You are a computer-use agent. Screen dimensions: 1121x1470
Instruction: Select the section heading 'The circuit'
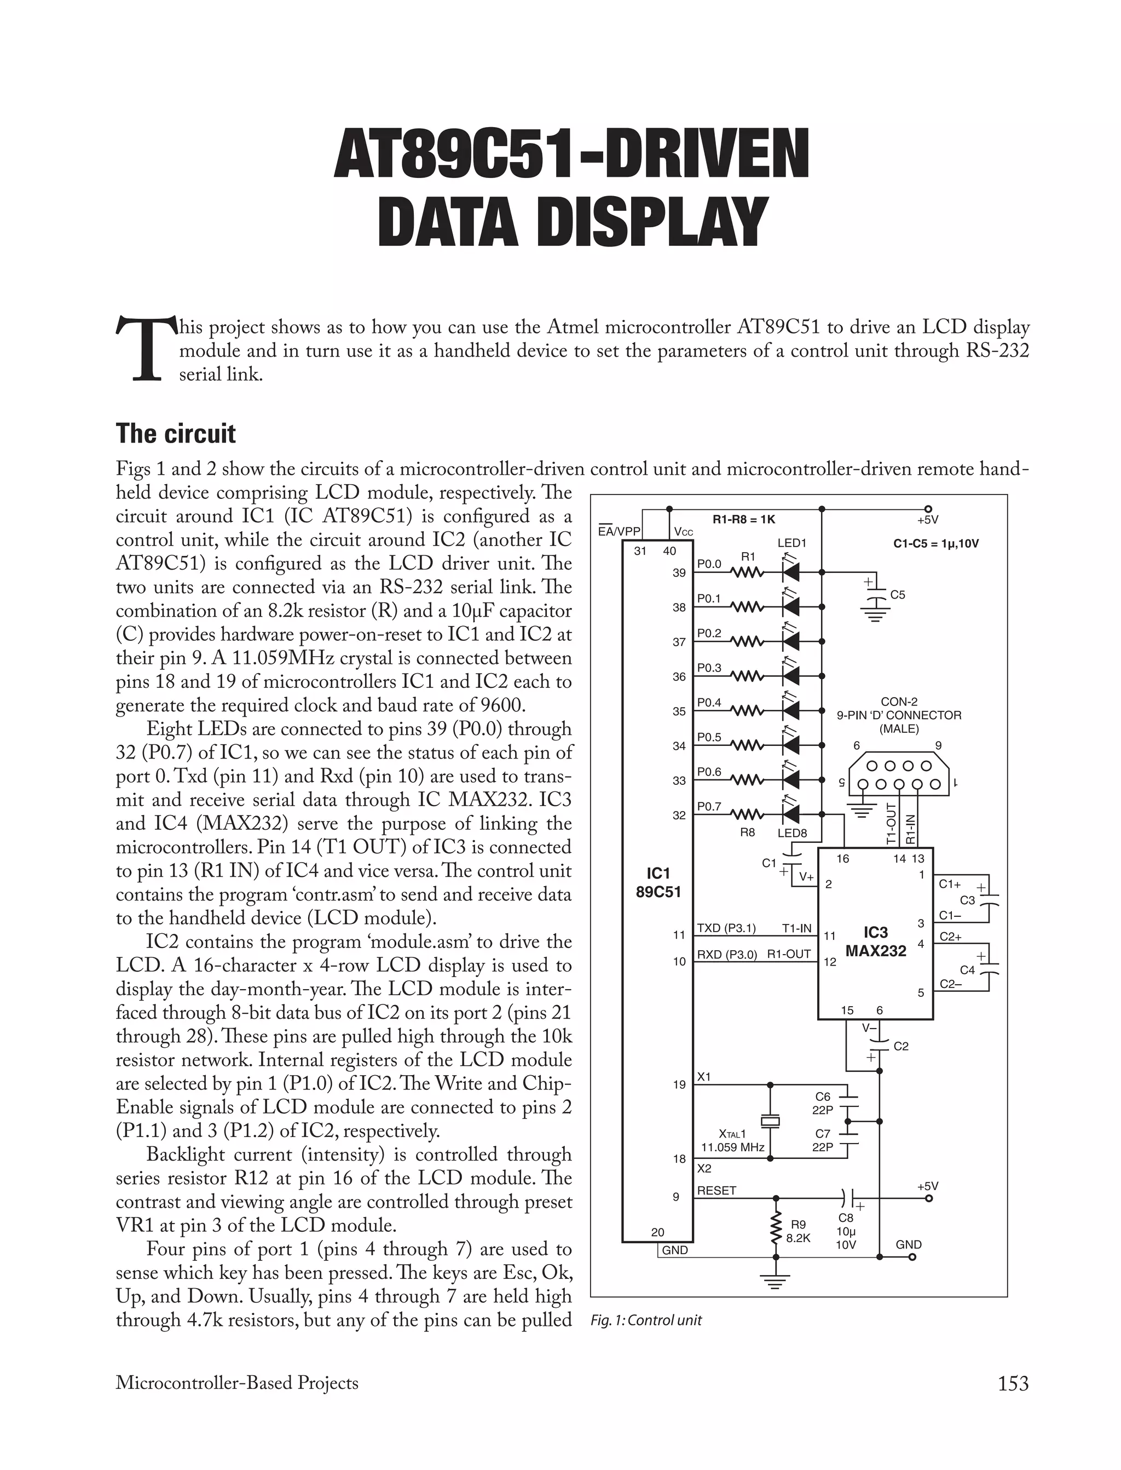(176, 434)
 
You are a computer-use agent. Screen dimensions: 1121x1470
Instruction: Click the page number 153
(1013, 1383)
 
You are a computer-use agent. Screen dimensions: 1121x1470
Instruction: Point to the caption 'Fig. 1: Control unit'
(646, 1320)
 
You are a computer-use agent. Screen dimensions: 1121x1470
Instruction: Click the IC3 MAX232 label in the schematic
(875, 941)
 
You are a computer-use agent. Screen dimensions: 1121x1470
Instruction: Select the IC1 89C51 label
(658, 882)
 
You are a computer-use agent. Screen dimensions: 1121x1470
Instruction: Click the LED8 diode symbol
(792, 814)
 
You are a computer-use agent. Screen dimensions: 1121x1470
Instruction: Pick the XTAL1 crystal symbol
(770, 1122)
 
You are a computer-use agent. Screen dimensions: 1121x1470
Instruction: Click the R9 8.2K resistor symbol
(776, 1229)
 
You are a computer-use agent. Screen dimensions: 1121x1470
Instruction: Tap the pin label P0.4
(709, 702)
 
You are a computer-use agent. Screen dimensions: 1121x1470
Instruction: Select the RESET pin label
(716, 1190)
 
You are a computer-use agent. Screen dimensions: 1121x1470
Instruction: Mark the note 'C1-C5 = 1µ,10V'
(935, 543)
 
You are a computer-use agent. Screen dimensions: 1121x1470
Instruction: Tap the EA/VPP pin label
(619, 531)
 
